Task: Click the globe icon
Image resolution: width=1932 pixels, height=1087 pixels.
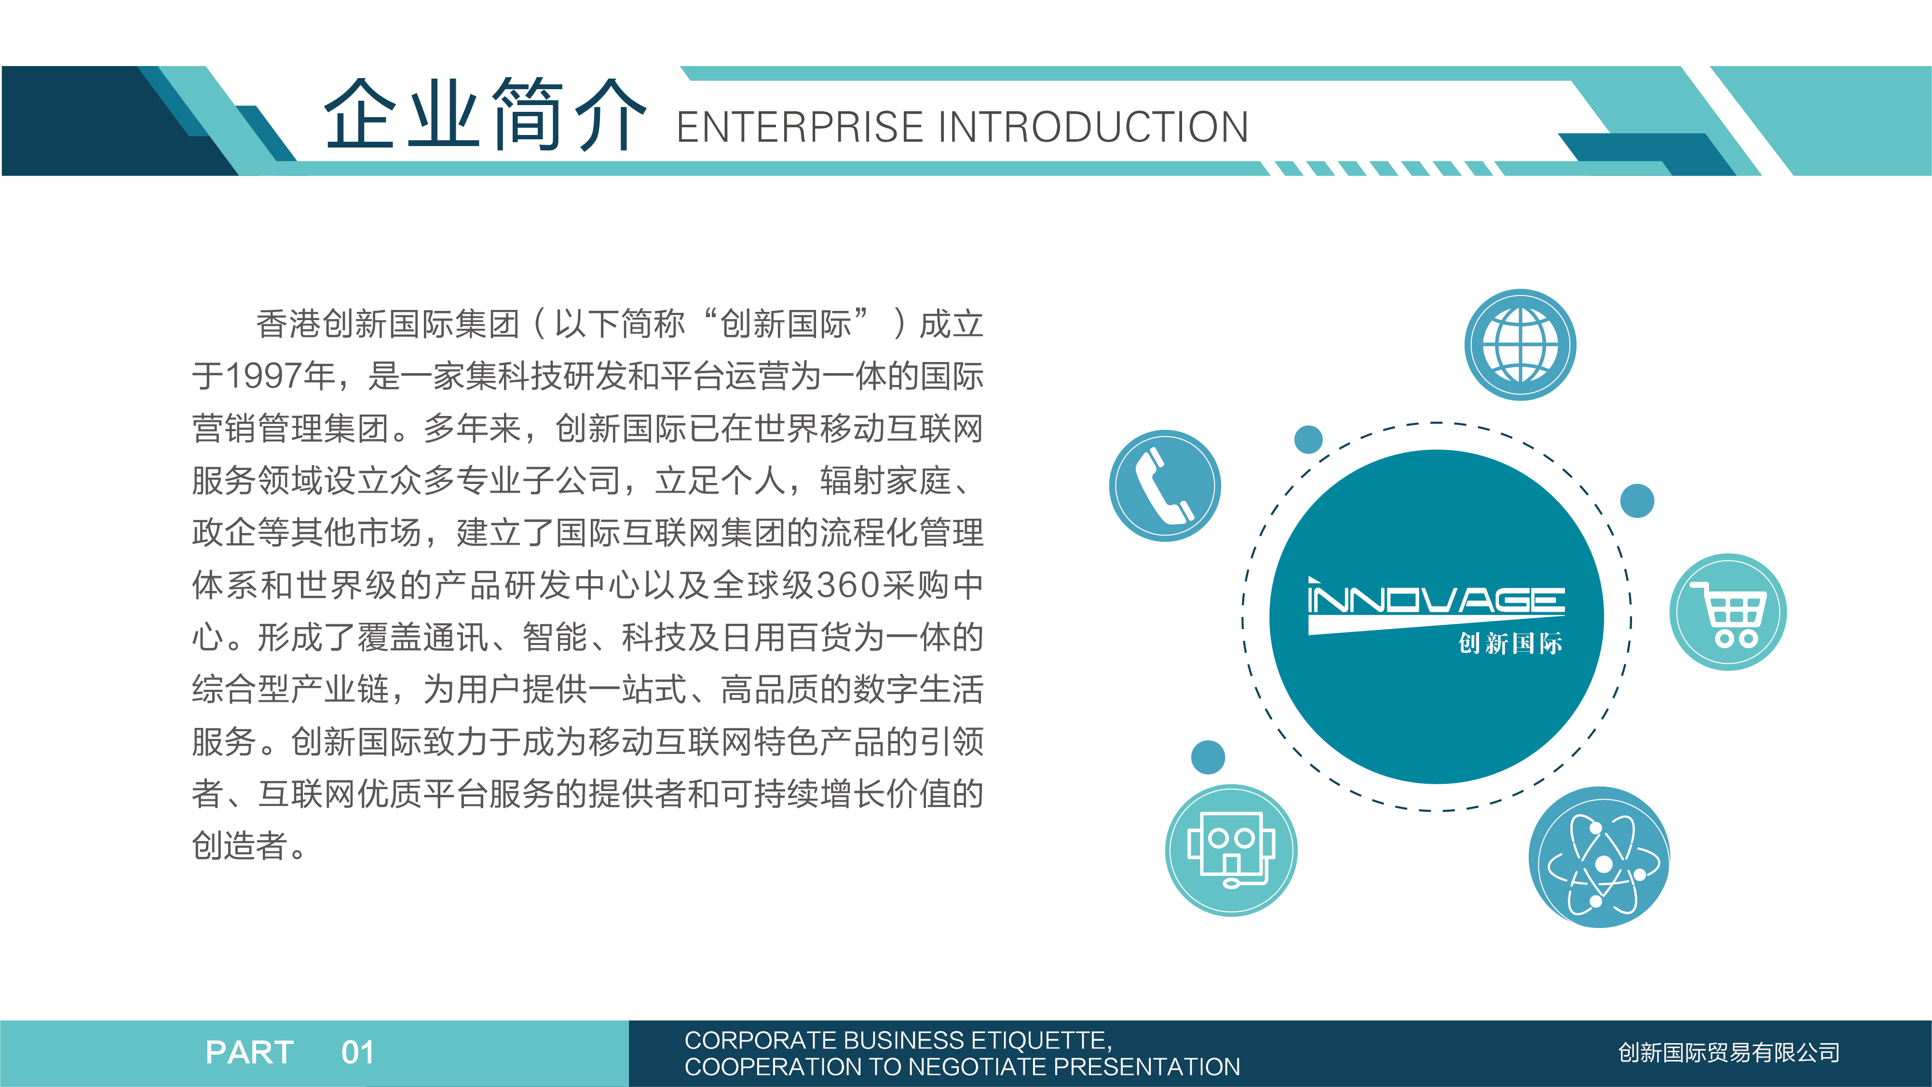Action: coord(1520,345)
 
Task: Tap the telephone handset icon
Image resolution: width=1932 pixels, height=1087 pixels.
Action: coord(1165,486)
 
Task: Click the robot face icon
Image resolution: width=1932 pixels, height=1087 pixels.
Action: coord(1231,850)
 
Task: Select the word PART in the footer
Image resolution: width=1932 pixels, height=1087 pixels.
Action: coord(250,1052)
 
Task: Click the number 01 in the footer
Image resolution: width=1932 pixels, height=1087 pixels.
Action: coord(358,1052)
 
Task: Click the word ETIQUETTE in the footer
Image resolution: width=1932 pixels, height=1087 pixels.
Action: coord(1038,1041)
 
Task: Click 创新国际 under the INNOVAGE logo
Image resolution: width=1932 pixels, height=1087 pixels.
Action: coord(1510,643)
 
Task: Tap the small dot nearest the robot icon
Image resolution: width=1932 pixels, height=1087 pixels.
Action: coord(1208,757)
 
